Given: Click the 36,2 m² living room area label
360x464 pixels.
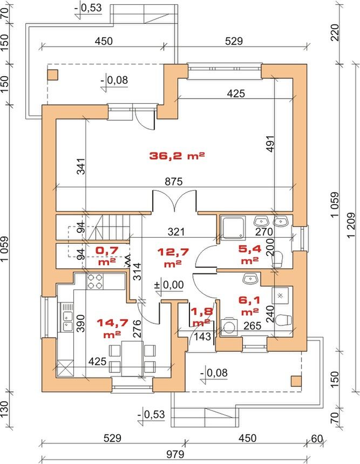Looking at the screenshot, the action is pos(176,156).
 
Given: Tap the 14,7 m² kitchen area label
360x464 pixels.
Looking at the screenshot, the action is pos(113,327).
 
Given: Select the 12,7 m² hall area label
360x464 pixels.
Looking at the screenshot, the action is pos(173,258).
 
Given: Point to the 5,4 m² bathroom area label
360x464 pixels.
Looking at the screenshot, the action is pos(250,254).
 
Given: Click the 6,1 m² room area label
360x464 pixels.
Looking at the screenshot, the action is pos(250,305).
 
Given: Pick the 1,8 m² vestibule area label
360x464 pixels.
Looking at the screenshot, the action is pos(201,316).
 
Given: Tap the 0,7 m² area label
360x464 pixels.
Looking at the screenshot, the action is pos(107,255).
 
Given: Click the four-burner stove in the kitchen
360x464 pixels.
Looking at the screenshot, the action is pos(95,282).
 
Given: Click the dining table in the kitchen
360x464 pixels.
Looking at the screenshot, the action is pos(132,358).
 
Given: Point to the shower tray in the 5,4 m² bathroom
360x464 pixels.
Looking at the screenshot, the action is pos(234,227).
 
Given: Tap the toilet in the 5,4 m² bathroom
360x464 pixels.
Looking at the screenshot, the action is pos(277,258).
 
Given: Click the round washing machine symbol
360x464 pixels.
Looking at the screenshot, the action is pos(228,327).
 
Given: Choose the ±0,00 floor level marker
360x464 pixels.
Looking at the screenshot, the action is pos(169,286).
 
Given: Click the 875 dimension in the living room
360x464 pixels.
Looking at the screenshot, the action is pos(174,181).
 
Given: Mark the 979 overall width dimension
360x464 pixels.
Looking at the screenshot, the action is pos(175,454).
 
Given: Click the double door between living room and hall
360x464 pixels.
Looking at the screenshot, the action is pos(174,201).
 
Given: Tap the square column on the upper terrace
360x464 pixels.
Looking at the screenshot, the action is pos(53,75).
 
